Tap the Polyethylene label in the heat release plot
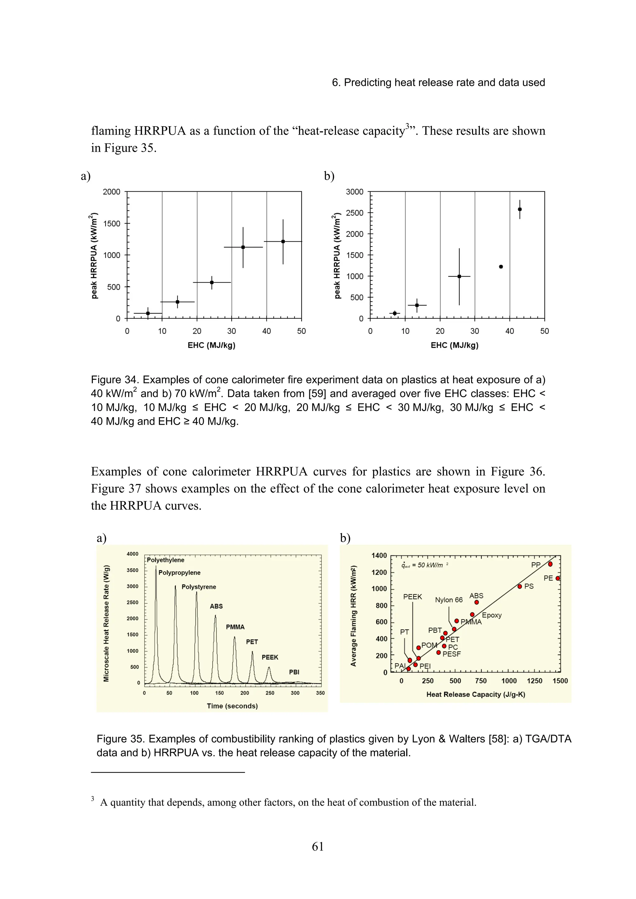(x=166, y=560)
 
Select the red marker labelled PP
(x=550, y=564)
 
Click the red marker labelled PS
(x=520, y=587)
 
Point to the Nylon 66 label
(x=449, y=600)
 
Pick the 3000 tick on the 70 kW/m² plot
(x=354, y=192)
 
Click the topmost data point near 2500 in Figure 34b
(x=520, y=209)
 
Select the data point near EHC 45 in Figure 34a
(x=283, y=242)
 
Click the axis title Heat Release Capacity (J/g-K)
(x=475, y=694)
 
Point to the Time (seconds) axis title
(x=232, y=706)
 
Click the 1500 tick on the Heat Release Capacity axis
(x=560, y=681)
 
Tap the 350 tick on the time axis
(x=320, y=693)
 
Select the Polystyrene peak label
(x=199, y=587)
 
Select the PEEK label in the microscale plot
(x=270, y=657)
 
